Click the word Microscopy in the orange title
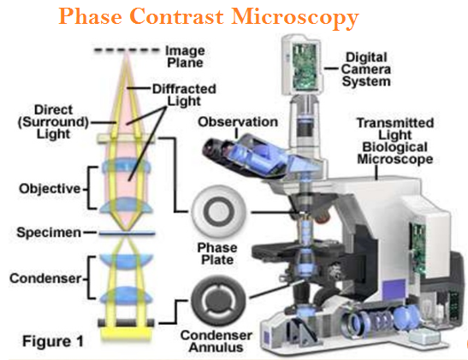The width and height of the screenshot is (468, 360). (x=295, y=18)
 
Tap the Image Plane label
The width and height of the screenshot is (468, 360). (x=186, y=57)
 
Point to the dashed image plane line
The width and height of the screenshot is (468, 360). (x=127, y=50)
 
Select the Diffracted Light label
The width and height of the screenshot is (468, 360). (x=184, y=95)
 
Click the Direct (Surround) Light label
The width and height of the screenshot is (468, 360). (x=53, y=121)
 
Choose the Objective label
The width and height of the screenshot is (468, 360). (x=50, y=189)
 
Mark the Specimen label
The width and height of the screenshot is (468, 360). (x=49, y=233)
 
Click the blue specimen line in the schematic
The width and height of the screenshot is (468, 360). (x=127, y=233)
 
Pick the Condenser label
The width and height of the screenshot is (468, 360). (x=45, y=278)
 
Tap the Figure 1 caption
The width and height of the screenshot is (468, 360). (x=53, y=341)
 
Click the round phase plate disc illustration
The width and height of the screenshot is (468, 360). (x=219, y=212)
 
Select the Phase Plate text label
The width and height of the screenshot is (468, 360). (x=217, y=254)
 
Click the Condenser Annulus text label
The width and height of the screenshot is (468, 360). (x=216, y=341)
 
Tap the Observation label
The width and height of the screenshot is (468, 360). (x=238, y=122)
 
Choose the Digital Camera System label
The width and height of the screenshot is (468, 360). (x=366, y=69)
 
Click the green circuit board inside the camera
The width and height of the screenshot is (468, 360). (x=305, y=67)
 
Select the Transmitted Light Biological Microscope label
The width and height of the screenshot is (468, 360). (x=395, y=141)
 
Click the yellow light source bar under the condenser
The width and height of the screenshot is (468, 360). (x=127, y=333)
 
